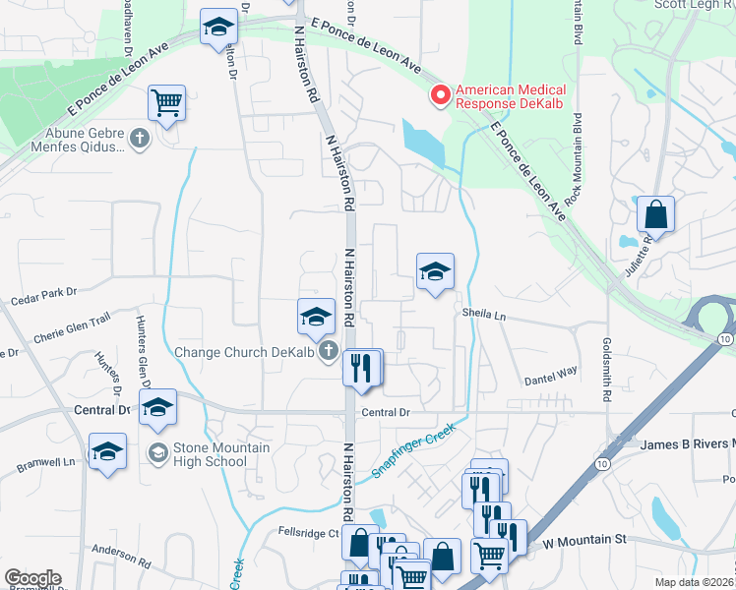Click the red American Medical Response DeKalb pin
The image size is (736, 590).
[x=440, y=95]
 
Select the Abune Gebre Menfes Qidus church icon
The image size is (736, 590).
[x=139, y=139]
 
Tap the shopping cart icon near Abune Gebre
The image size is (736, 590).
[x=167, y=102]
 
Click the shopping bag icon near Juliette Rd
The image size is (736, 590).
[x=655, y=215]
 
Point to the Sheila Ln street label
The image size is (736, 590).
[x=484, y=316]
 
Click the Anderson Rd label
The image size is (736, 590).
[x=119, y=556]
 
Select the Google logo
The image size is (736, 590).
[x=32, y=578]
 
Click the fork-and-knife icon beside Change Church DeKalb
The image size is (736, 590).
[x=362, y=368]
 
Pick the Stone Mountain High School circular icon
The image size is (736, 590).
[x=156, y=453]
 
